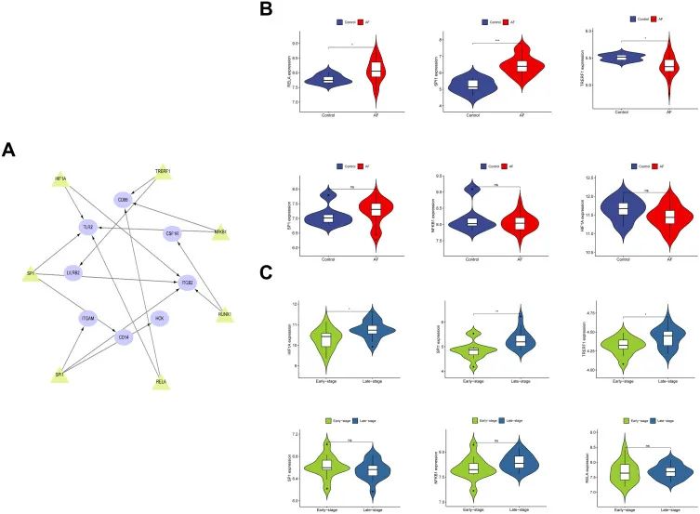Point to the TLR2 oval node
[89, 226]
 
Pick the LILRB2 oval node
[74, 273]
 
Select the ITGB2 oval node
[187, 281]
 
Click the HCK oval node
[160, 319]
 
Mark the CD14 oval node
[122, 337]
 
